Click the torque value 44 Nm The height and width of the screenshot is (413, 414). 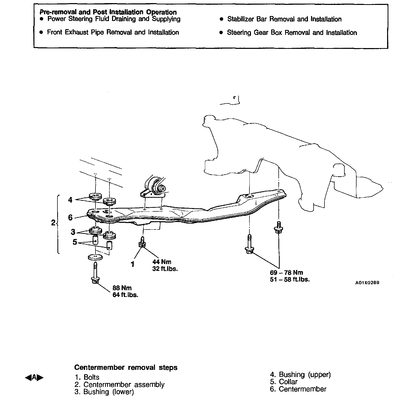[162, 262]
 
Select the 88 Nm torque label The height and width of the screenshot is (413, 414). [122, 288]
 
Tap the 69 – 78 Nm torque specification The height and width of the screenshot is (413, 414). [286, 273]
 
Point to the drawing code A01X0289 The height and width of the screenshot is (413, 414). [367, 283]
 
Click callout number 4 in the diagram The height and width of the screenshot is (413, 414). [70, 200]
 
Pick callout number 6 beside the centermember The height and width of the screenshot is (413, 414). [70, 217]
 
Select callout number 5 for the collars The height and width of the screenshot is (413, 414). [75, 242]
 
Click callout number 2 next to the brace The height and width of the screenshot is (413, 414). [53, 223]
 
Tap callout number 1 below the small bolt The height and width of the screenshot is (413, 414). [133, 264]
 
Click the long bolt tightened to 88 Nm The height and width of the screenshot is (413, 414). [95, 274]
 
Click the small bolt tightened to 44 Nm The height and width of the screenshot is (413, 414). [142, 242]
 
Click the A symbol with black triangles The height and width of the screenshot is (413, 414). [34, 378]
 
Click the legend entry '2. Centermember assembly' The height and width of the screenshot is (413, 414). [119, 385]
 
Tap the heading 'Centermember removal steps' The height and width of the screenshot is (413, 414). [126, 367]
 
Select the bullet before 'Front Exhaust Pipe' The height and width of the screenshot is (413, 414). [41, 33]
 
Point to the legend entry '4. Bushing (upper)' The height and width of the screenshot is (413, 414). [300, 374]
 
